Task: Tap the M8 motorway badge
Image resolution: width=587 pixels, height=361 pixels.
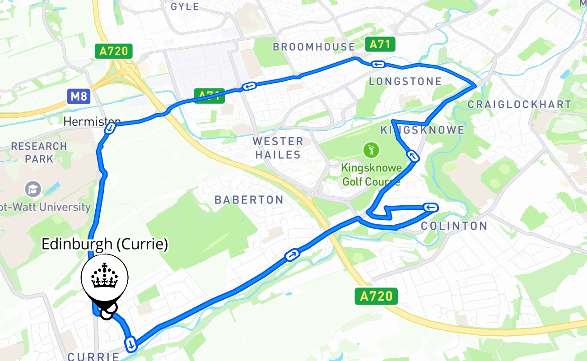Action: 79,96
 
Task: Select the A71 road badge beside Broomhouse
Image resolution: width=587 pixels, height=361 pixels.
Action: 380,44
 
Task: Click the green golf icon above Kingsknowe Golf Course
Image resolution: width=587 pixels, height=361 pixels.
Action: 371,149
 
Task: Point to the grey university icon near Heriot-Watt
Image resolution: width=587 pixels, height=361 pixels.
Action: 33,189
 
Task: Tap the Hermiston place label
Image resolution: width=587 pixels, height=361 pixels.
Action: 92,121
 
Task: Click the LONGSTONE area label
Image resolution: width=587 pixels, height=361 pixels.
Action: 405,82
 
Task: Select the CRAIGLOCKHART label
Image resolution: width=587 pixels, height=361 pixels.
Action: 519,105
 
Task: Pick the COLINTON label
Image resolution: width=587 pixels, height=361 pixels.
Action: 454,226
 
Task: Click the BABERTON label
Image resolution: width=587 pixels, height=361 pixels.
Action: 249,200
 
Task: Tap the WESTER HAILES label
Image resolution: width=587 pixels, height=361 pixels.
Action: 278,148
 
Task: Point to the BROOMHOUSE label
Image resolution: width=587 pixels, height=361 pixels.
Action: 314,47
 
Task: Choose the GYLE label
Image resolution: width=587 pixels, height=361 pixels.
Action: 185,6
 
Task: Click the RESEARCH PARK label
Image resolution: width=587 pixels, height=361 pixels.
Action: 39,153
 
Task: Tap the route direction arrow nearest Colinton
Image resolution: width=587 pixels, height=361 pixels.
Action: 431,207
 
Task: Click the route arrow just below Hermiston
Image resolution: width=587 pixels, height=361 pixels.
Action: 109,129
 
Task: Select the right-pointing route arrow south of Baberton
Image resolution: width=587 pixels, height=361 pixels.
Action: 292,255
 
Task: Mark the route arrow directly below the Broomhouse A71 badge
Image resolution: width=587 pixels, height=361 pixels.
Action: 378,64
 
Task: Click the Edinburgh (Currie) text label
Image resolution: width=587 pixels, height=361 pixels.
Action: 104,244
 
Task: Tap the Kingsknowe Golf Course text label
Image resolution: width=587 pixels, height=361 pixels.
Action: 371,175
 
